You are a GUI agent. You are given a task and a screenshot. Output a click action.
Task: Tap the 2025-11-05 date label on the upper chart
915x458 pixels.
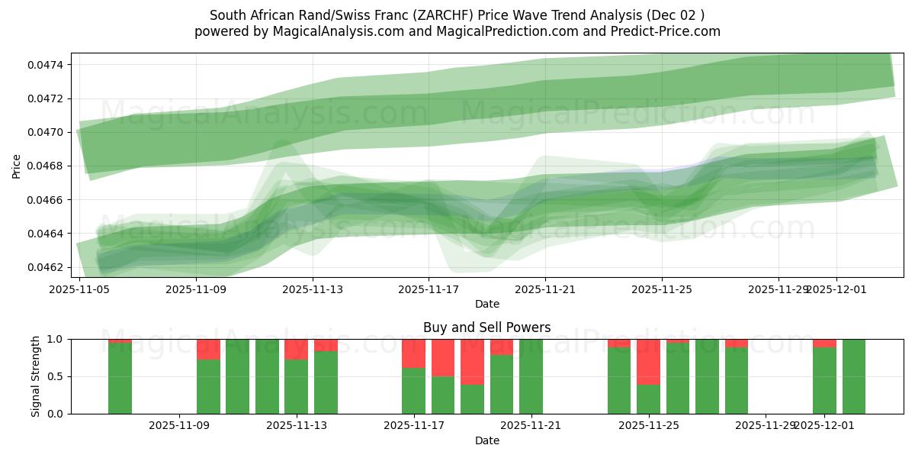point(80,289)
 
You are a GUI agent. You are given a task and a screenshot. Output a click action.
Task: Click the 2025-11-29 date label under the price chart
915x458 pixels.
point(778,289)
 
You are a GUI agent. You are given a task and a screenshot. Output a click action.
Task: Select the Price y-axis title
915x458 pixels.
point(17,166)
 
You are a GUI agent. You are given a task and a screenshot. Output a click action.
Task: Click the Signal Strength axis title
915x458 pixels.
point(36,376)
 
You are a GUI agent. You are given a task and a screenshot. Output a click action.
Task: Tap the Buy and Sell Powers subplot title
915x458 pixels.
point(486,327)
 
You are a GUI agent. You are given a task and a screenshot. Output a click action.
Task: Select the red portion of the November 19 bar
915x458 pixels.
point(472,361)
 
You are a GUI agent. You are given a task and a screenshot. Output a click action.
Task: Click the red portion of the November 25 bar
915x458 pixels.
point(648,361)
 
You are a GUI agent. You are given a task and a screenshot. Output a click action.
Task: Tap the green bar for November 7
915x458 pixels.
point(120,379)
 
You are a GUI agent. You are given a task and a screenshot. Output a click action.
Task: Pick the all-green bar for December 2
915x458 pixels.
point(853,376)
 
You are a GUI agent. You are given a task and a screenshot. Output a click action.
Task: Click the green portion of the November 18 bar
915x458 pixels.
point(443,395)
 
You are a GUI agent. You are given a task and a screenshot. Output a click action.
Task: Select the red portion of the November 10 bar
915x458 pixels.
point(208,349)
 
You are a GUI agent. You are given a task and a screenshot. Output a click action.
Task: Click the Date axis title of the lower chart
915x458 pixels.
point(486,440)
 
